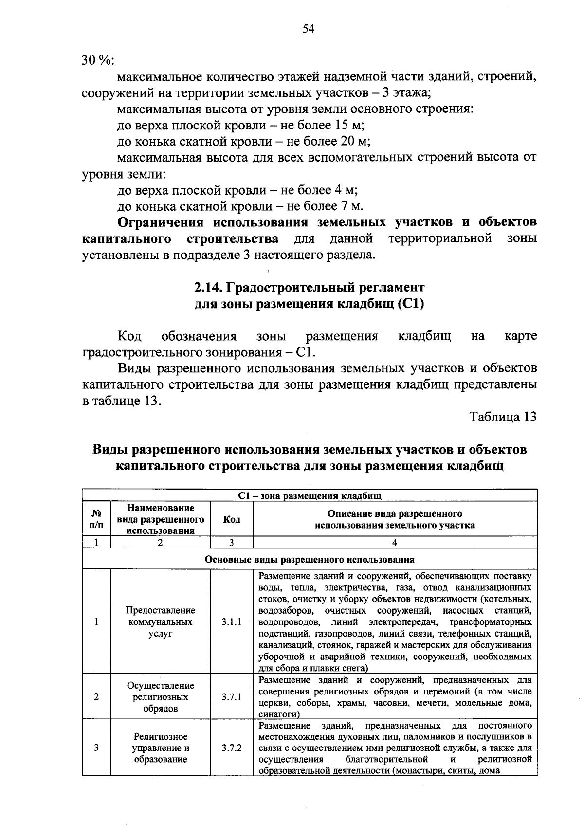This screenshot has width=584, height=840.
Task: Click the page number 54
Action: (309, 29)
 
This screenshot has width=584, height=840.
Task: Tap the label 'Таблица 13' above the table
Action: (503, 417)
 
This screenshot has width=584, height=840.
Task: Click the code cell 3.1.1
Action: (231, 622)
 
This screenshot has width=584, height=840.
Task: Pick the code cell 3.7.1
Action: (231, 697)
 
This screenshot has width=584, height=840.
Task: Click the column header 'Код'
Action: (231, 519)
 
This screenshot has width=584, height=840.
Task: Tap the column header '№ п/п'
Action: (96, 519)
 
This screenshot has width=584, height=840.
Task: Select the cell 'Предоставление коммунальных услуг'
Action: (160, 622)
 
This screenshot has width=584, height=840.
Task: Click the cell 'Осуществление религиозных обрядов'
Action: (160, 697)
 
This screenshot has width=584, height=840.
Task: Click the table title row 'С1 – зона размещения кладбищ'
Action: (310, 496)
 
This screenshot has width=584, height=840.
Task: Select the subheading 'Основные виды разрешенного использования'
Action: (310, 560)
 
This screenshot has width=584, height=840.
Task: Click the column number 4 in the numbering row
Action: (395, 543)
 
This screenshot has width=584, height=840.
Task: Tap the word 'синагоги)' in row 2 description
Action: (279, 714)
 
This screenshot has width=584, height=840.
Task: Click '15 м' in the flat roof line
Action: (348, 125)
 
